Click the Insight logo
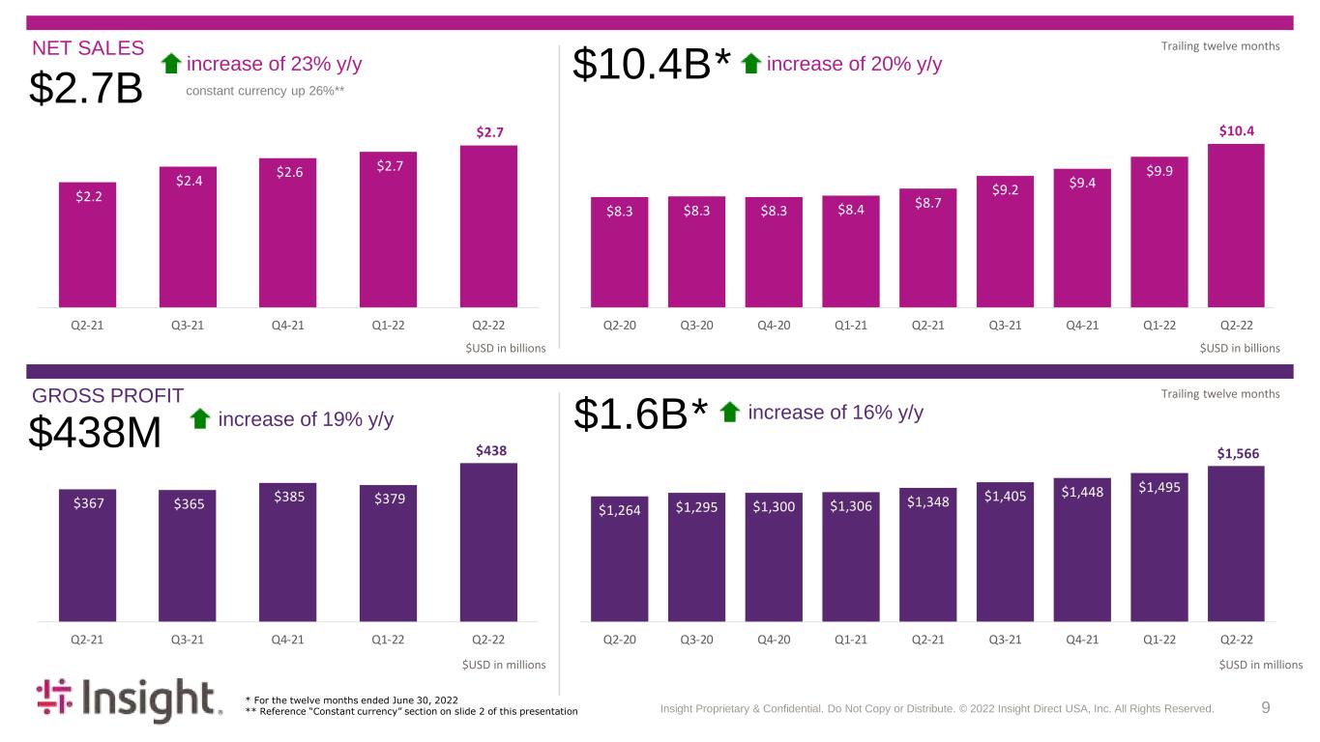130,700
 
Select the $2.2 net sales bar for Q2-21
87,245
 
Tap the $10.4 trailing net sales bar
1236,225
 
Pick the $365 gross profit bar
188,556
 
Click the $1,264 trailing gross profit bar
619,558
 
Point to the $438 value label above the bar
491,451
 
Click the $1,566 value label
1238,453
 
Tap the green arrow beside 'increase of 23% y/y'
171,64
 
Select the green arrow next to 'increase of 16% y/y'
730,413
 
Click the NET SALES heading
88,47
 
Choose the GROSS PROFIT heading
108,395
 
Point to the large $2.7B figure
86,88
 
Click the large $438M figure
95,432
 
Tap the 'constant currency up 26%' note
265,91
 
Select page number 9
1265,707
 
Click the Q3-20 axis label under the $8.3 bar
696,325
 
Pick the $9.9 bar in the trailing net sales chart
1159,232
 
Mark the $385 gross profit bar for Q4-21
287,553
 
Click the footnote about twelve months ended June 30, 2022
352,700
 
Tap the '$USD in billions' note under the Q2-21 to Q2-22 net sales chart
506,348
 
